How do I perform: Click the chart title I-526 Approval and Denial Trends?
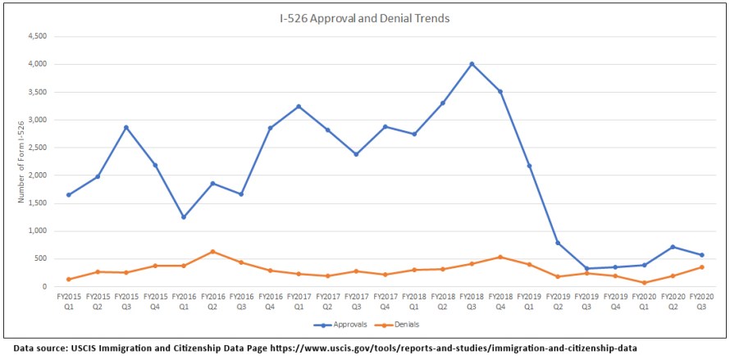click(364, 18)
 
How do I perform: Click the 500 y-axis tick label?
click(40, 259)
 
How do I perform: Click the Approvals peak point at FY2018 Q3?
click(472, 64)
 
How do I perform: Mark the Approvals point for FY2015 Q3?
click(126, 127)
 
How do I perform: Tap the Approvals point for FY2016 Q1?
click(184, 217)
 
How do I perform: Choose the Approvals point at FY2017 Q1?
click(299, 107)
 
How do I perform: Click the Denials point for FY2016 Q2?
click(212, 252)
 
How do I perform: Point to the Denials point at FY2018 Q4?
click(500, 257)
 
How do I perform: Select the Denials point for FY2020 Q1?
click(644, 283)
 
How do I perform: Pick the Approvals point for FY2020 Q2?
click(673, 247)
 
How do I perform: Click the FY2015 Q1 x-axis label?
click(69, 299)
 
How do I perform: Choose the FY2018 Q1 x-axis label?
click(414, 299)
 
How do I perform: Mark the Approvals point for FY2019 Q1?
click(529, 166)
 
